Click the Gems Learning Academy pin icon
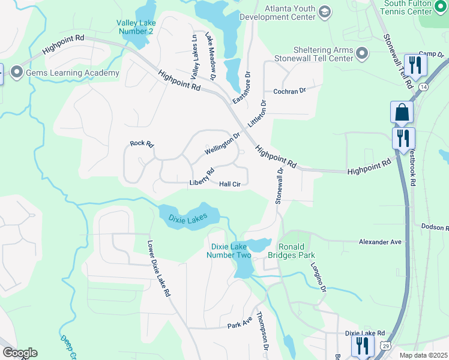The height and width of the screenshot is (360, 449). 16,73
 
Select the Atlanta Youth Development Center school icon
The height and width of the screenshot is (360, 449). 325,11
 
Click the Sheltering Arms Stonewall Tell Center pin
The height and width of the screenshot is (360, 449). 362,54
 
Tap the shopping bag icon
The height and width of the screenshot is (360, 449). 402,112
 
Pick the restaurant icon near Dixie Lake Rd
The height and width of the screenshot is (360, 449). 363,346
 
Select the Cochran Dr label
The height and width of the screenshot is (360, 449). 289,91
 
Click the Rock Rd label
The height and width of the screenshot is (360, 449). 142,144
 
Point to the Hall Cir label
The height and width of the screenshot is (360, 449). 230,184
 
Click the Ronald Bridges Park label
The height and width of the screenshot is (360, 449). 299,251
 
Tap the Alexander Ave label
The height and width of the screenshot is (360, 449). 379,241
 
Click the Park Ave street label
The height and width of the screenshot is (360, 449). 240,323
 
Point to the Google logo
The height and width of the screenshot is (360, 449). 20,353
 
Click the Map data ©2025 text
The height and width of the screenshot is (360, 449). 423,355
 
